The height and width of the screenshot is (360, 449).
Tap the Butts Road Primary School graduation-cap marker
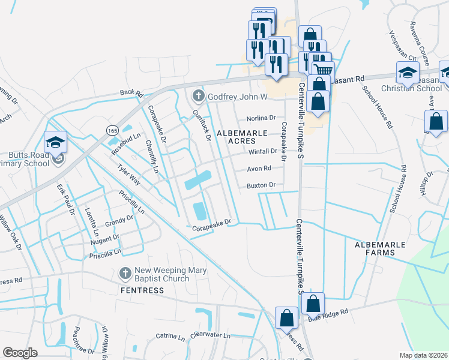coord(55,142)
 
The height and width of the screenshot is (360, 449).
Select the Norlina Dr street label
coord(261,118)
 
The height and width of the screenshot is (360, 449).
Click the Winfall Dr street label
coord(262,151)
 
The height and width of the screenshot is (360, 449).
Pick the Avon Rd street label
coord(259,169)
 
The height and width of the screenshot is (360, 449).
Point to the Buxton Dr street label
coord(261,185)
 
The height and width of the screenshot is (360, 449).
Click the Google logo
coord(20,352)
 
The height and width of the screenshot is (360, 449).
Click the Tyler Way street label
coord(128,176)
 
